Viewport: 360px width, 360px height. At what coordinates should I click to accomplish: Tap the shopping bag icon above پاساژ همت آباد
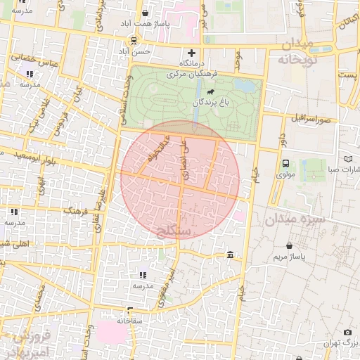point(145,13)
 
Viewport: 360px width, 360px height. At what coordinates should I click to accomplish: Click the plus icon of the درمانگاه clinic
point(191,53)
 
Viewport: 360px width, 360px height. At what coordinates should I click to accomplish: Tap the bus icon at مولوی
point(285,163)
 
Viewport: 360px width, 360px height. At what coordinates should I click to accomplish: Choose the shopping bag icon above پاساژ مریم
point(290,245)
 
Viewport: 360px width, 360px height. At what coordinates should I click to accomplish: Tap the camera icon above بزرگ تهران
point(347,332)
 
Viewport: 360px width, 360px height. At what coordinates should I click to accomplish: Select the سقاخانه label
point(131,320)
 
